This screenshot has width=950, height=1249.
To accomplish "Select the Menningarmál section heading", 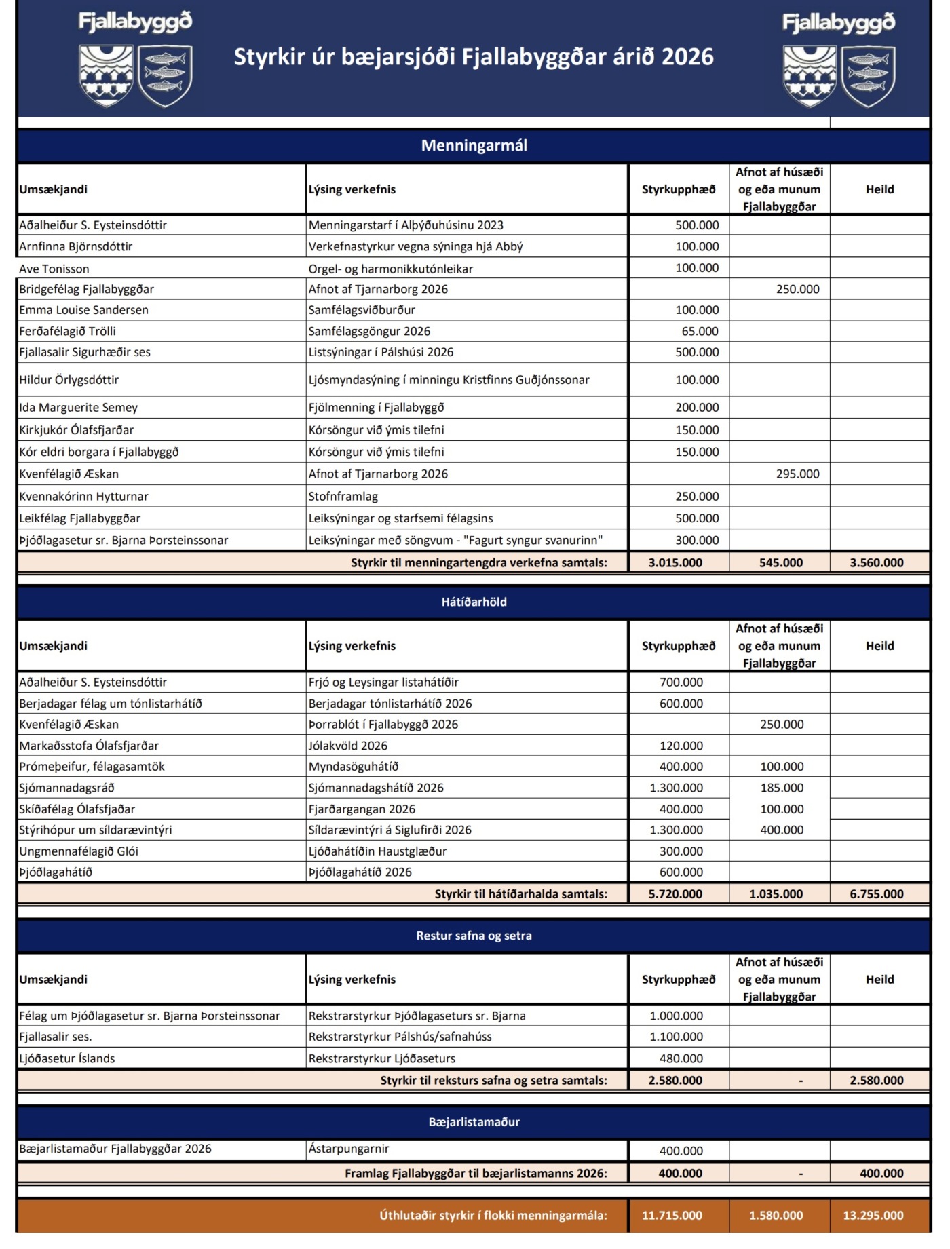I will (x=474, y=145).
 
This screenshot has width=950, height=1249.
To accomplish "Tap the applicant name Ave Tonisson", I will (x=54, y=269).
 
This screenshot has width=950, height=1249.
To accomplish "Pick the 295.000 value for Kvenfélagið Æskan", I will (x=797, y=474).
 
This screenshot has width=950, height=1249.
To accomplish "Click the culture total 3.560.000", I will (x=876, y=562).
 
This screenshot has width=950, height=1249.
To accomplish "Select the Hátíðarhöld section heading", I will (x=474, y=602).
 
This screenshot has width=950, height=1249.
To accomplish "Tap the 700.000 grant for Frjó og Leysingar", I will (x=681, y=682).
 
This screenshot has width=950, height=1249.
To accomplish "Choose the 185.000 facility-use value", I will (x=782, y=788).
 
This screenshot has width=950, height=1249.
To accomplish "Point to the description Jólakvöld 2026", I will (x=348, y=746).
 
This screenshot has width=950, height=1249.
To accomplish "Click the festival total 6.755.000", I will (x=876, y=894).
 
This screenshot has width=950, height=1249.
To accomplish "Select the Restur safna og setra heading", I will (x=474, y=936).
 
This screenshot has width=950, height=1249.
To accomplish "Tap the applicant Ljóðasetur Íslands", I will (x=67, y=1058).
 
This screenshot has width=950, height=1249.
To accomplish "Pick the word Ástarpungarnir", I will (x=349, y=1149).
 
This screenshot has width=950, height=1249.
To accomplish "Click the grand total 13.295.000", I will (x=873, y=1215).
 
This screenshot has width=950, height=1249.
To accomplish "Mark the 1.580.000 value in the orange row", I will (x=776, y=1215).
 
